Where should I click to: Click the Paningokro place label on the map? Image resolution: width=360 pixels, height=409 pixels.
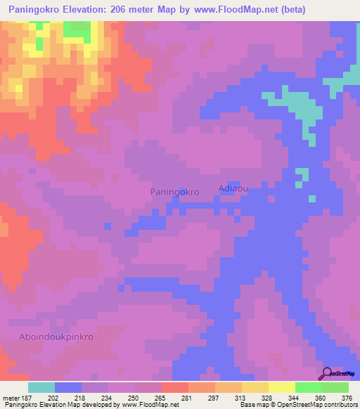(175, 191)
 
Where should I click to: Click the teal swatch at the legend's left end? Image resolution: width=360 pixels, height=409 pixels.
(41, 387)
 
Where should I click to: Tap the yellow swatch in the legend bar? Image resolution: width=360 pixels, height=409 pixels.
(281, 387)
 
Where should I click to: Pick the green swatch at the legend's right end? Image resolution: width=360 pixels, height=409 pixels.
(335, 387)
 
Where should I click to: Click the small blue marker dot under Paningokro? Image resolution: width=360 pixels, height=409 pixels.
(176, 198)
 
